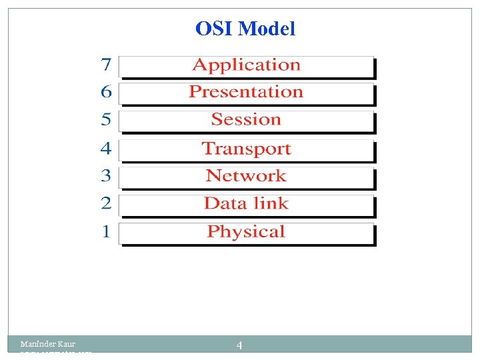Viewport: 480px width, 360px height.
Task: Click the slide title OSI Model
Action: (x=245, y=29)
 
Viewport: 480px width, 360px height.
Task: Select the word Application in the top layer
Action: (x=246, y=65)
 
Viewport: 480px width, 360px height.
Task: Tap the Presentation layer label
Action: (x=246, y=92)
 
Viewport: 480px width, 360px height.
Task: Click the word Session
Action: (x=246, y=120)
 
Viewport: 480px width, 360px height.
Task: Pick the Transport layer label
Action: (x=246, y=149)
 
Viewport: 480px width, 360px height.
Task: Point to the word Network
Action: (x=246, y=176)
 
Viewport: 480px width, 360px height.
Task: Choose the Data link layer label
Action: (x=246, y=203)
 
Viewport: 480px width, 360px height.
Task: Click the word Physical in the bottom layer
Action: (x=246, y=232)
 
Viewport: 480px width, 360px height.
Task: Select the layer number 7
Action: (x=106, y=65)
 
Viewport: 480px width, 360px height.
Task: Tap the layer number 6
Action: (x=106, y=92)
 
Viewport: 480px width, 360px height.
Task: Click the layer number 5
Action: (x=106, y=120)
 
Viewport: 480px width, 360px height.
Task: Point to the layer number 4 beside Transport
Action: (x=106, y=149)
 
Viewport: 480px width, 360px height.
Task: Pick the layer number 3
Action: (x=106, y=176)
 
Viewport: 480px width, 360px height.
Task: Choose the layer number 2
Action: (x=106, y=203)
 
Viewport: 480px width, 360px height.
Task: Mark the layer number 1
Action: (x=106, y=232)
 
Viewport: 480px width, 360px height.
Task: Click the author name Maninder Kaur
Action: (x=47, y=344)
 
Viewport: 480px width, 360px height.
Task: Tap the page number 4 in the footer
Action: (x=239, y=345)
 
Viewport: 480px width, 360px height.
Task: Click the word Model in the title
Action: (x=267, y=29)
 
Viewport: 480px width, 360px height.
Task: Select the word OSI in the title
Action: (x=214, y=29)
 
